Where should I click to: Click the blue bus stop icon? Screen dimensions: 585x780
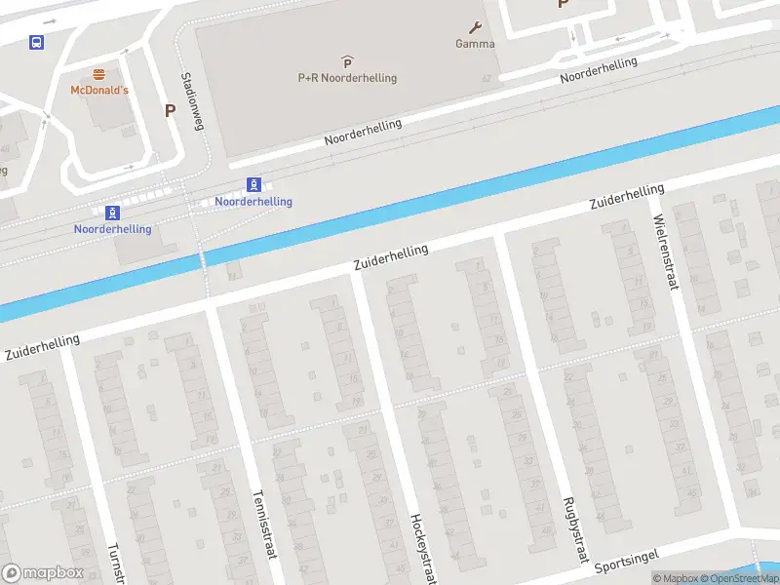(x=36, y=42)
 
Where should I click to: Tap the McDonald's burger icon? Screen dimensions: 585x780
(x=98, y=74)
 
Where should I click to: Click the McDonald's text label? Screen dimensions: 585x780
(x=98, y=91)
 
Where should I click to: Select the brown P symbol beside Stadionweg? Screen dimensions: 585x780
(x=170, y=111)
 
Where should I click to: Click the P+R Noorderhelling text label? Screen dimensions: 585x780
(x=347, y=78)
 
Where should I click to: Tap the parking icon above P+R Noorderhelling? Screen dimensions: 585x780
(x=347, y=62)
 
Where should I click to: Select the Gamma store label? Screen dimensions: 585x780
(x=475, y=44)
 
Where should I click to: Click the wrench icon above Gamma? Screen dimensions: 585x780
(x=475, y=27)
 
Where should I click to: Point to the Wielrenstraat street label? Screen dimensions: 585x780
(x=665, y=253)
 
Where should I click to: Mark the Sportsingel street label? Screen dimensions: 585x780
(x=626, y=561)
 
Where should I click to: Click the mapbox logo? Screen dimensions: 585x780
(x=41, y=573)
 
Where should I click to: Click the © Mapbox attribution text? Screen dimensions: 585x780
(x=676, y=578)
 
